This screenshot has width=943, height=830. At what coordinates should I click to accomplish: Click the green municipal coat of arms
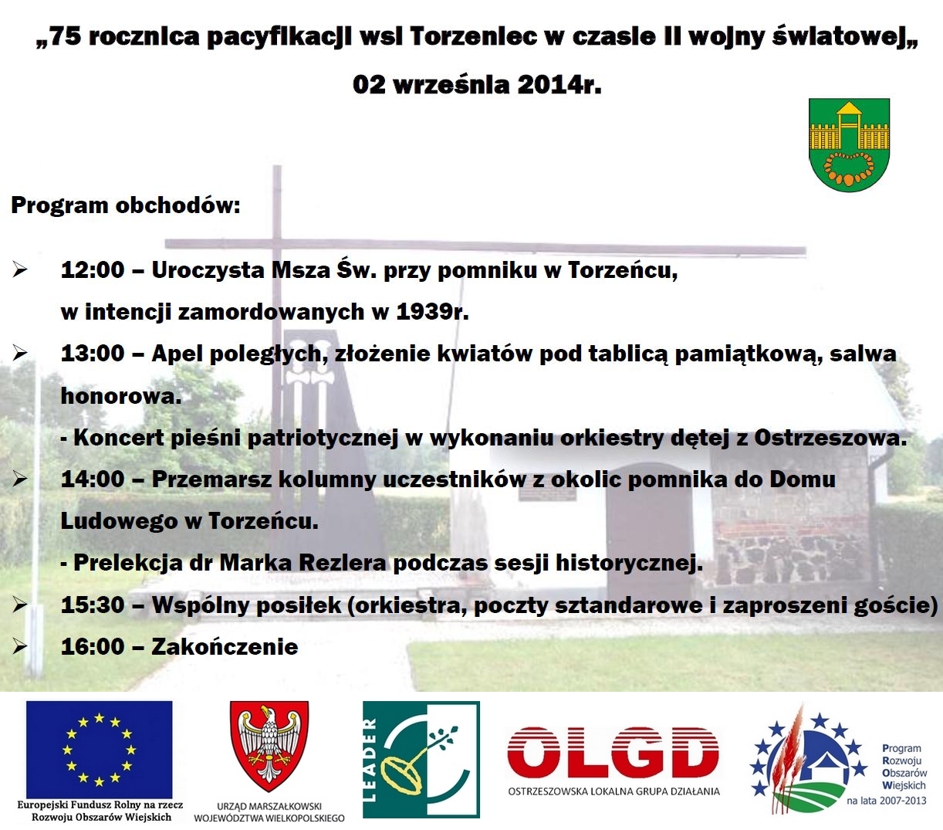(x=849, y=144)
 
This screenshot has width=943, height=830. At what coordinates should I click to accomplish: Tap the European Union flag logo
(x=99, y=747)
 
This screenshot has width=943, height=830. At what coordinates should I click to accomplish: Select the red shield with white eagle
(x=269, y=746)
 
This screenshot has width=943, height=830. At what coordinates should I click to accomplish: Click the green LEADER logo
(x=421, y=759)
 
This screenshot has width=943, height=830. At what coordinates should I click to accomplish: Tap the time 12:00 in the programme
(x=92, y=270)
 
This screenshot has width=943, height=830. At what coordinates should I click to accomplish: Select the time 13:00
(x=92, y=354)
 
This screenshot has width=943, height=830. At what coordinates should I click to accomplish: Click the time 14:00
(x=92, y=479)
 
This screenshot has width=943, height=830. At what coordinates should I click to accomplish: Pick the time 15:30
(x=92, y=605)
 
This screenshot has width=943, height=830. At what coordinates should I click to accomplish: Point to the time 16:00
(x=92, y=646)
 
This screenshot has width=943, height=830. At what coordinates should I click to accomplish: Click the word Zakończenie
(x=225, y=646)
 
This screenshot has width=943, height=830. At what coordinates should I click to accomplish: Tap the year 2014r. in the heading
(x=559, y=84)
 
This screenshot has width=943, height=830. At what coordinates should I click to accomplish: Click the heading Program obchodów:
(x=126, y=205)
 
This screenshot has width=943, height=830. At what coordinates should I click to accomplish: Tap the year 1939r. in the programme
(x=432, y=312)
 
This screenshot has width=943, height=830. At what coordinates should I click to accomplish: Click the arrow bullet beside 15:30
(x=20, y=605)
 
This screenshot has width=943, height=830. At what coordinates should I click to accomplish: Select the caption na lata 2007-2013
(x=886, y=801)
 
